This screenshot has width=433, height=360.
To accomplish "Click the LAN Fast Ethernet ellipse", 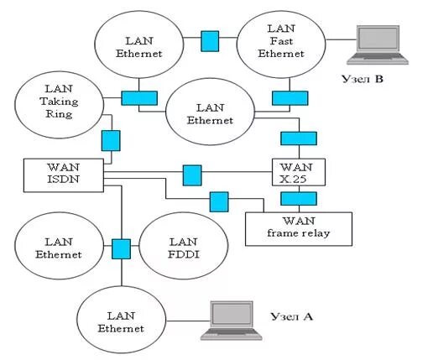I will click(x=282, y=42).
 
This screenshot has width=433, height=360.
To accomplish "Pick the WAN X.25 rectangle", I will click(x=299, y=171).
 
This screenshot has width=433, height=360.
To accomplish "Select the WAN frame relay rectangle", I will click(x=298, y=227).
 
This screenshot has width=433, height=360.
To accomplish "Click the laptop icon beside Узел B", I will click(x=381, y=44).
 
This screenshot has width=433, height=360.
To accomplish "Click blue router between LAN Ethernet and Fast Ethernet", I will click(x=210, y=39).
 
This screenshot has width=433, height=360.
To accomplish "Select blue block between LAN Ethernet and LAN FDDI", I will click(x=122, y=248).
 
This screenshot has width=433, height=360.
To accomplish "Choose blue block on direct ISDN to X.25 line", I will click(x=192, y=175).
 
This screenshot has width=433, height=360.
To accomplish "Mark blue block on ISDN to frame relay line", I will click(x=218, y=201).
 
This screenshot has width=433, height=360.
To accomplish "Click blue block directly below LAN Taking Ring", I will click(x=110, y=139).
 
